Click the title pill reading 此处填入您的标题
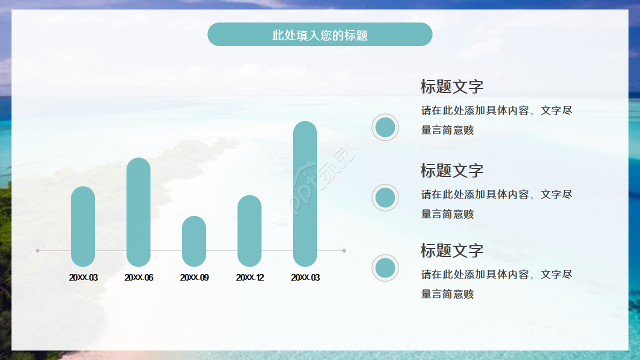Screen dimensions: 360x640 pos(319,34)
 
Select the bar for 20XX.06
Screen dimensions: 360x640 pos(138,212)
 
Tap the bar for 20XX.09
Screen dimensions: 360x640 pos(194,241)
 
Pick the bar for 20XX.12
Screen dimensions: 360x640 pos(249,230)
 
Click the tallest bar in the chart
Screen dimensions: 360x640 pos(305,193)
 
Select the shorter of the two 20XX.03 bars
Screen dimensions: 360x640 pos(83,226)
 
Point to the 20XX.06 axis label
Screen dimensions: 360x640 pos(138,277)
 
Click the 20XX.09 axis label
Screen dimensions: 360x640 pos(194,277)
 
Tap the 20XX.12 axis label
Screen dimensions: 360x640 pos(249,277)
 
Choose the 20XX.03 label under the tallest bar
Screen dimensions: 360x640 pos(305,277)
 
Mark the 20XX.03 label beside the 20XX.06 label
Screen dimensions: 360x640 pos(83,277)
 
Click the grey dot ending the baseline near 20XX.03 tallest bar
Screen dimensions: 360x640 pos(344,250)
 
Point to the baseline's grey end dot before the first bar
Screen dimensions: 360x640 pos(37,250)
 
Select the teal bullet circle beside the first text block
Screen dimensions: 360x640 pos(385,127)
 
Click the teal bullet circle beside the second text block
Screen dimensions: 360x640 pos(385,197)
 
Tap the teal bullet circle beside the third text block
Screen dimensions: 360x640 pos(385,268)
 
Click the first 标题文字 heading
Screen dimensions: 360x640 pos(451,86)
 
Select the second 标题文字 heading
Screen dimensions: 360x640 pos(451,170)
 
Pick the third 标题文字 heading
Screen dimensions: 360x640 pos(451,250)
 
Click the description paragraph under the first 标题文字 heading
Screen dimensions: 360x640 pos(496,120)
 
